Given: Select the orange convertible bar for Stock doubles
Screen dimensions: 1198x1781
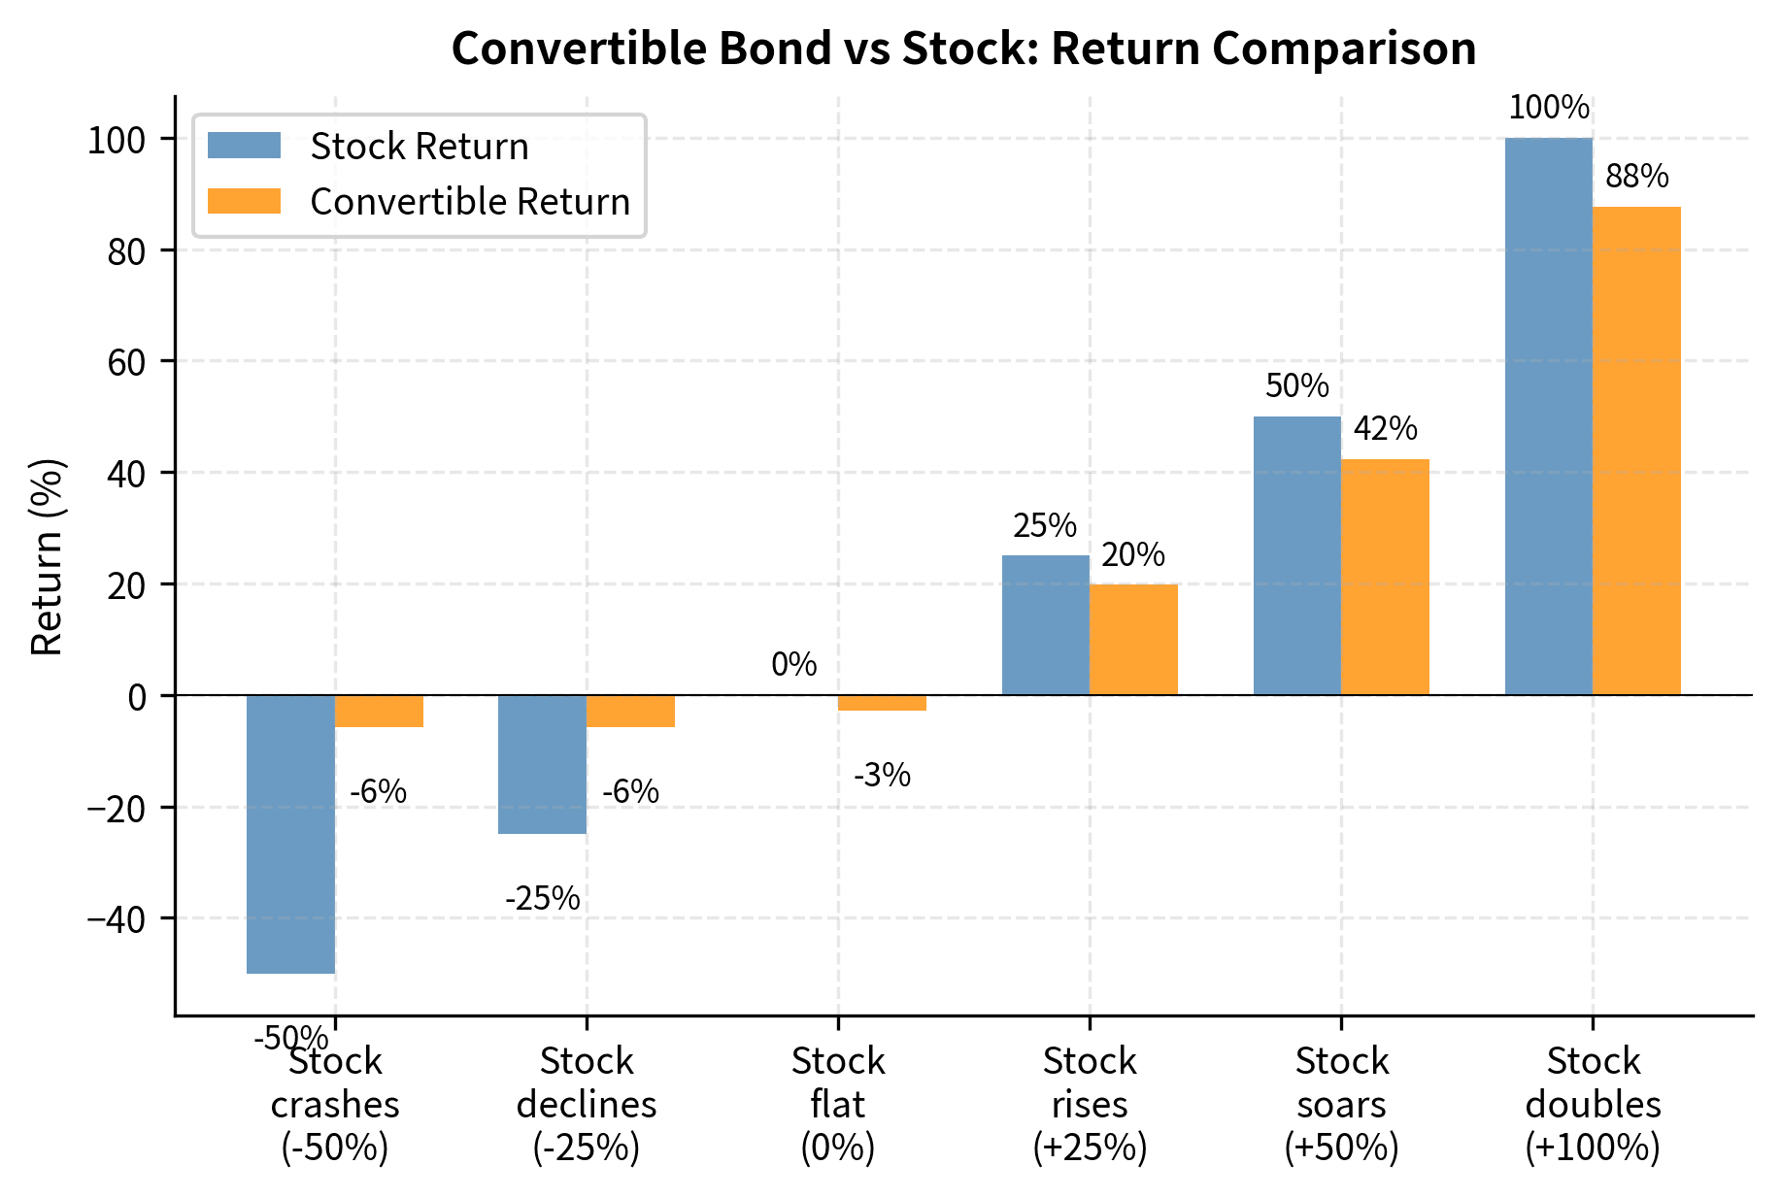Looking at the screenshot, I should pos(1636,450).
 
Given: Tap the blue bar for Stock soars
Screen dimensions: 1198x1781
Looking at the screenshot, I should pos(1296,555).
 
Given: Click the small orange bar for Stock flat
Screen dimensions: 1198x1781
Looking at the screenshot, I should pos(882,703).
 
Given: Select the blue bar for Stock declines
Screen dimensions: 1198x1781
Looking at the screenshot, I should pos(542,764).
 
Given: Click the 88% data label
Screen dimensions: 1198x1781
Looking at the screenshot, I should pos(1636,177).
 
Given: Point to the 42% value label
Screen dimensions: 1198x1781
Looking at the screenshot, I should pos(1385,428).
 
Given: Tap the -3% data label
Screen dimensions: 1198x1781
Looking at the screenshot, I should pos(882,776).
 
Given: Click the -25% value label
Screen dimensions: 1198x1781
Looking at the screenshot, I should pos(542,899).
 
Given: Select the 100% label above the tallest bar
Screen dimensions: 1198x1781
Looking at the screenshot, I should pos(1549,108).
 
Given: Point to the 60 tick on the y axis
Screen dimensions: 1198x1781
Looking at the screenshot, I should pos(130,362).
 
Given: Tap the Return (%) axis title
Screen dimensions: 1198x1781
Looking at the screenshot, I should pos(47,556).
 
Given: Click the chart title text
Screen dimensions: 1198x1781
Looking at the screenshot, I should pos(962,49).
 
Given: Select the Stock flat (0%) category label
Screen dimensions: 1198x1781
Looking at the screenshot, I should pos(838,1105).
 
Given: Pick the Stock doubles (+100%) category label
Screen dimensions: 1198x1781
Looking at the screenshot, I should pos(1593,1105).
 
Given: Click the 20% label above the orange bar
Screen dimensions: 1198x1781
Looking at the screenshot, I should pos(1132,555).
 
